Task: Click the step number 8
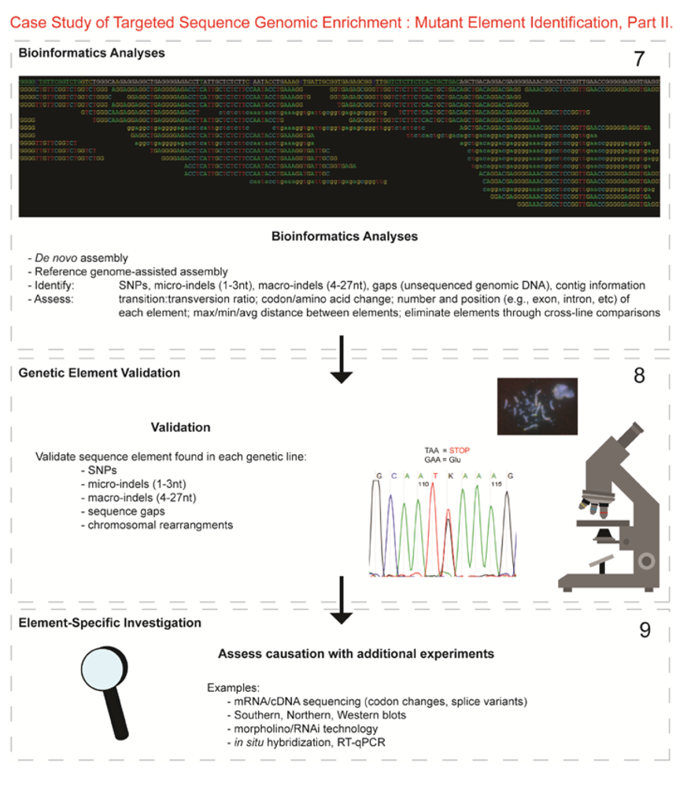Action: pos(639,375)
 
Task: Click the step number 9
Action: pos(643,631)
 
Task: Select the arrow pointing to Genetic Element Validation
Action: pos(341,360)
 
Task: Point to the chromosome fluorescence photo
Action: pos(537,405)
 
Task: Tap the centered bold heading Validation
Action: pos(180,427)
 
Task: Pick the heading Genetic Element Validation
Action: pos(99,372)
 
